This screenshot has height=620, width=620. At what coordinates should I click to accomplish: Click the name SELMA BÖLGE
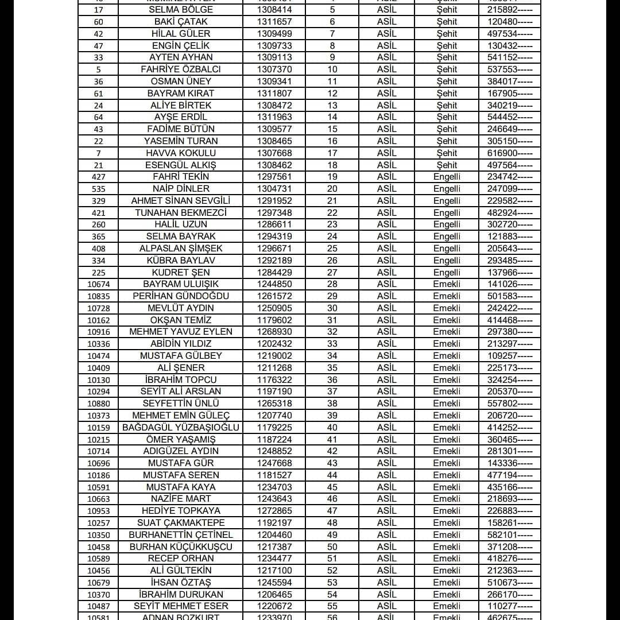pos(181,10)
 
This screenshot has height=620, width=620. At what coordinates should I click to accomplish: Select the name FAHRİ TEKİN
pos(181,177)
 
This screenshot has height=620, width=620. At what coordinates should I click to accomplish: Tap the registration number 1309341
pos(274,82)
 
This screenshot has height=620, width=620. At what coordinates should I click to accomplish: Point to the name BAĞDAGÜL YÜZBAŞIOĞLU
pos(181,428)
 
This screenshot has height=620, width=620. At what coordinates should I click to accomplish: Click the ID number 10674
pos(98,284)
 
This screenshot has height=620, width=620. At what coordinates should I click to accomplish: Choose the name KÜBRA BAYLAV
pos(181,261)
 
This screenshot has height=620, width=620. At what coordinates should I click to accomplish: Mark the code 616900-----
pos(510,153)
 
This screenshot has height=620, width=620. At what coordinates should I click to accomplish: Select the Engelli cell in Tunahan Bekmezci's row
pos(447,213)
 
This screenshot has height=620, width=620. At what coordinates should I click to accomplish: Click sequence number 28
pos(332,284)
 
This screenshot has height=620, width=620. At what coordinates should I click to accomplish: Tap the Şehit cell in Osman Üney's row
pos(447,82)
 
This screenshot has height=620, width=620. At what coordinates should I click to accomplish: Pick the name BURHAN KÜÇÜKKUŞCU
pos(181,547)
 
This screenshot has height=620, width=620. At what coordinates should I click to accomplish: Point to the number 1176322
pos(274,380)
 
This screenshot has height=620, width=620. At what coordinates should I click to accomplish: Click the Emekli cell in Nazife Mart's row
pos(447,499)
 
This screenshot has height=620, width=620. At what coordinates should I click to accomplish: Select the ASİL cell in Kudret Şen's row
pos(386,273)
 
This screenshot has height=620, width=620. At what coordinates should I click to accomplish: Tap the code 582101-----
pos(510,535)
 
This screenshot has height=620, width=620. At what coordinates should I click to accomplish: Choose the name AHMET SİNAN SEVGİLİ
pos(181,201)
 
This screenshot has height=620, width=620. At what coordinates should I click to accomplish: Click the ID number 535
pos(98,189)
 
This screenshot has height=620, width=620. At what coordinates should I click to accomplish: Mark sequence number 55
pos(332,606)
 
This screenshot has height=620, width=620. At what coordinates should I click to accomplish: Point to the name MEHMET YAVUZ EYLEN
pos(181,332)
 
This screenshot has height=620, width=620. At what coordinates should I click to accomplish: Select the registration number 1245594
pos(274,583)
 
